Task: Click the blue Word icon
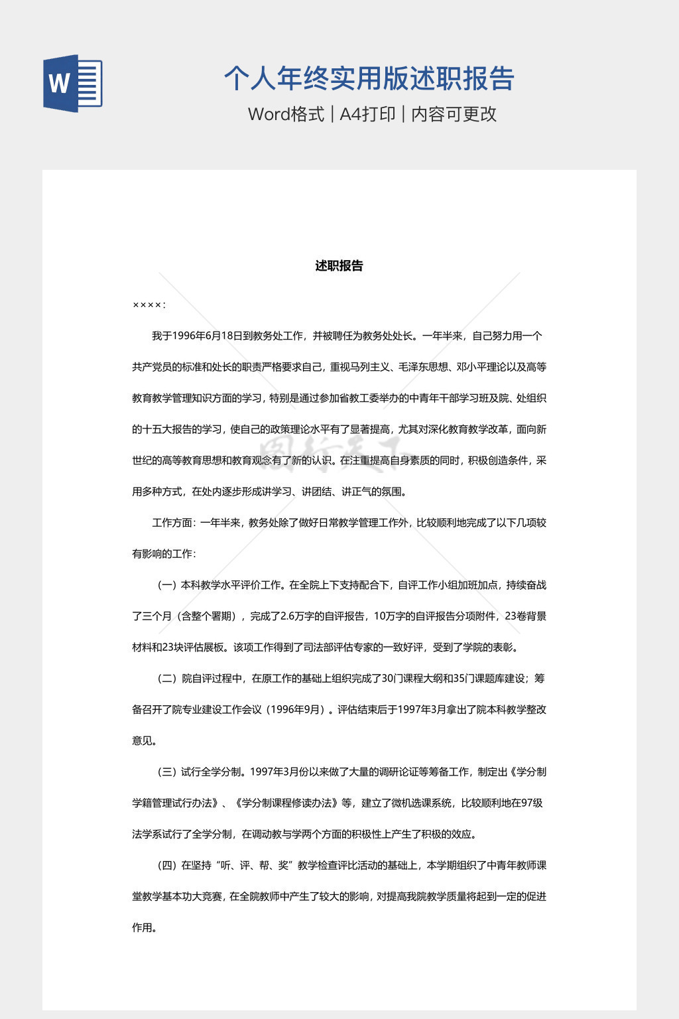[x=73, y=84]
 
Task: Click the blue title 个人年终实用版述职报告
[x=369, y=78]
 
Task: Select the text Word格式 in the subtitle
[x=286, y=114]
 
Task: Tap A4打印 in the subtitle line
[x=367, y=114]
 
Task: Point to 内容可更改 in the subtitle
[x=454, y=114]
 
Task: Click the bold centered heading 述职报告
[x=339, y=266]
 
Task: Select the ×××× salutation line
[x=149, y=305]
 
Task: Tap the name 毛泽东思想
[x=423, y=367]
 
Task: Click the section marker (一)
[x=166, y=585]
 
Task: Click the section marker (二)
[x=166, y=679]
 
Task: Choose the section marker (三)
[x=166, y=772]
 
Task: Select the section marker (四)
[x=166, y=866]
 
